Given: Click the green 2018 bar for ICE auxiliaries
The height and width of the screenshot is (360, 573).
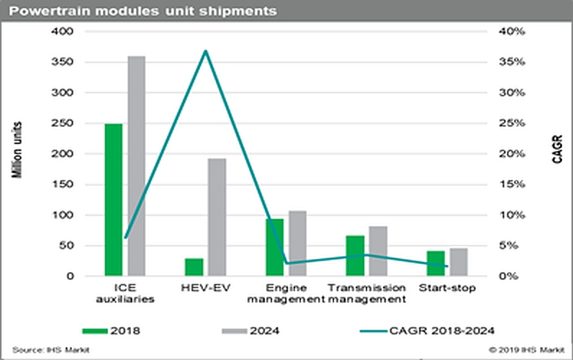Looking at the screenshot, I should coord(113,200).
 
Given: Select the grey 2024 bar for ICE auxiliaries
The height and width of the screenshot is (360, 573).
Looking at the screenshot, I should coord(136,166).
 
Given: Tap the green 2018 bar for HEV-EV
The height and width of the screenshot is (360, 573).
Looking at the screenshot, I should coord(194,267).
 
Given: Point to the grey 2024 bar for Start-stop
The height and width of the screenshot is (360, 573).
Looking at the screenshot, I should coord(458,262).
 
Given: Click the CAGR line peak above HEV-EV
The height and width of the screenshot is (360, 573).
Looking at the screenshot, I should coord(206,51).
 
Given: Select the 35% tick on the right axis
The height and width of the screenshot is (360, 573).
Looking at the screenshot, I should coord(517,63).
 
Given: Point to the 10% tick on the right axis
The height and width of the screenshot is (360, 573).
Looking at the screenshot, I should coord(517,215).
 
